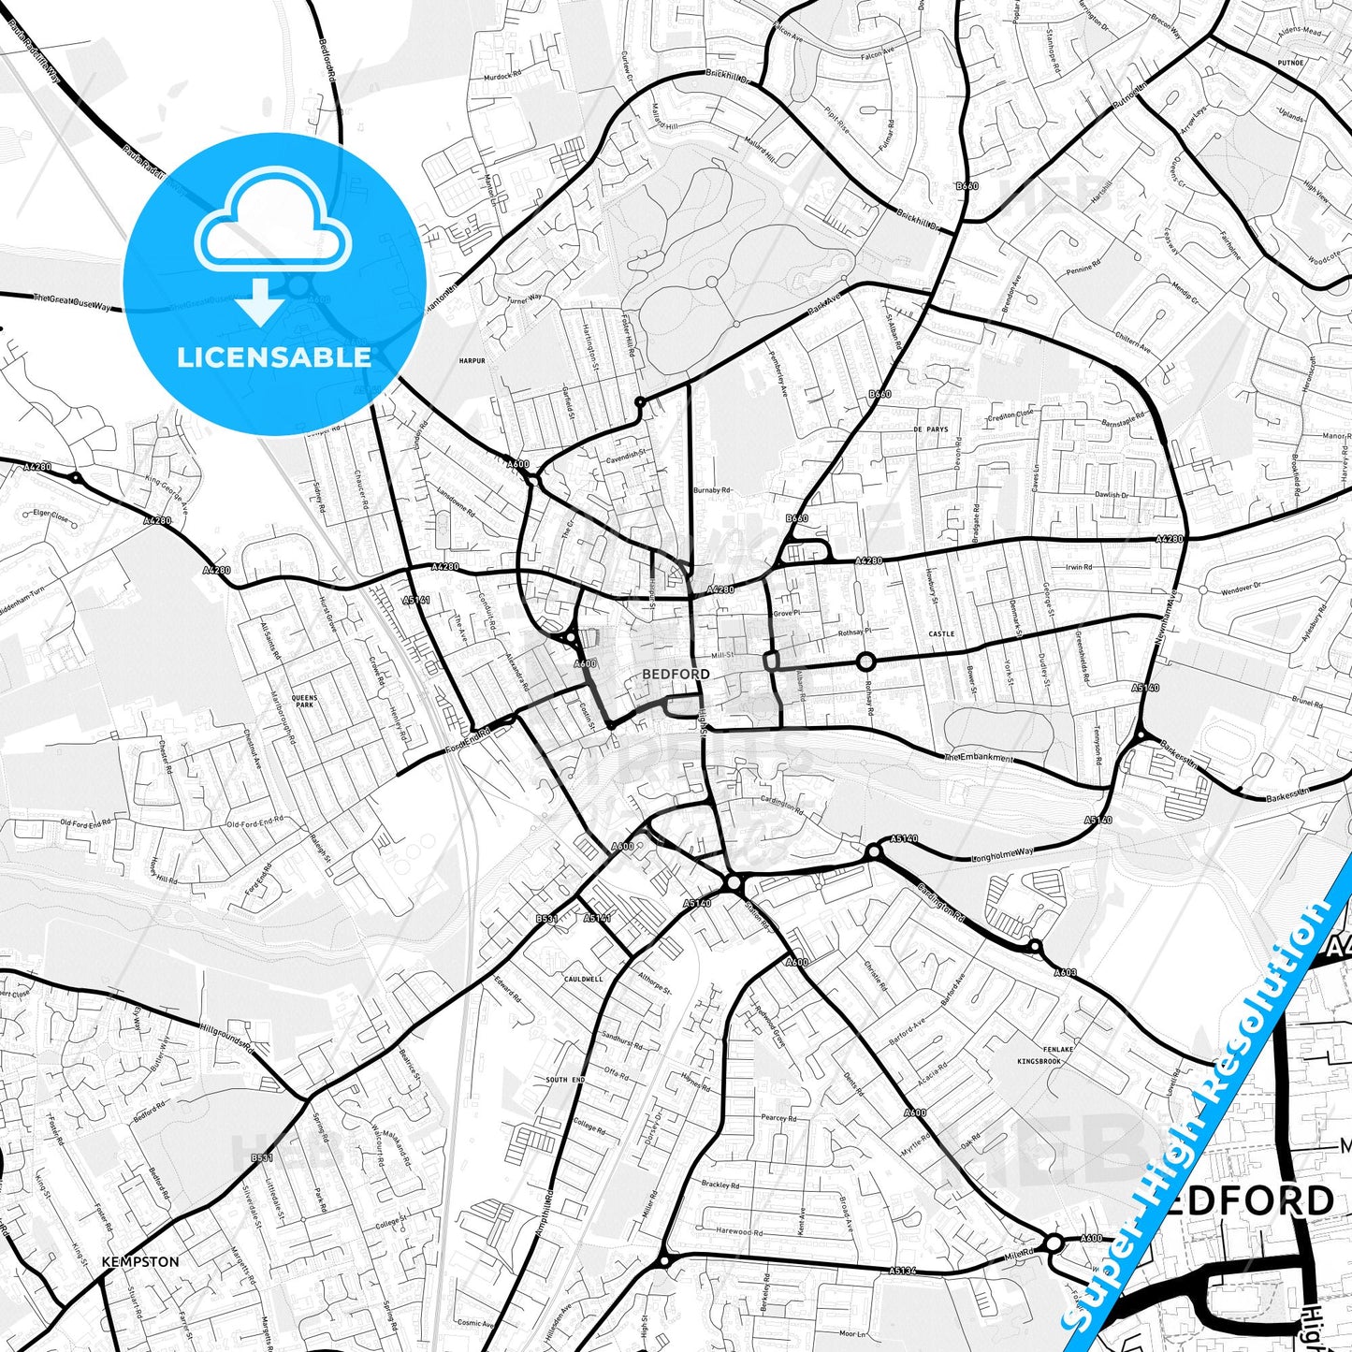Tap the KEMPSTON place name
coord(140,1261)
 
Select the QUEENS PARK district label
coord(304,701)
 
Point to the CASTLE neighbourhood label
coord(941,633)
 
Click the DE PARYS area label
coord(930,429)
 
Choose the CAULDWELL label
coord(584,979)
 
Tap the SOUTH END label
coord(565,1080)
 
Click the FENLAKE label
coord(1059,1049)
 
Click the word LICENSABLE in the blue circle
coord(274,356)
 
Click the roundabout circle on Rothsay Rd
coord(865,662)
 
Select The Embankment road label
coord(979,756)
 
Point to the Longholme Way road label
coord(1003,854)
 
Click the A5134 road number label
coord(902,1271)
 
